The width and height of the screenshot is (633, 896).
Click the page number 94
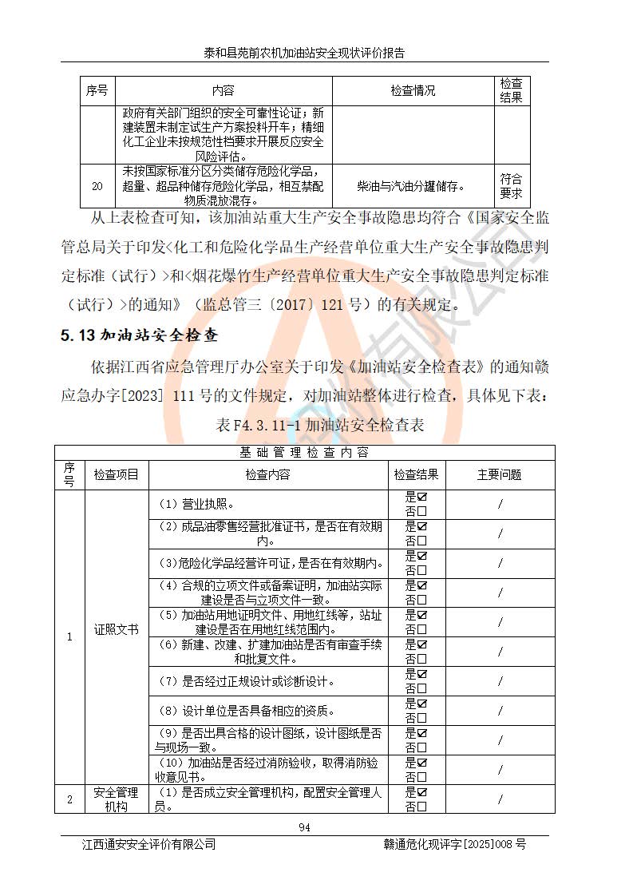click(x=304, y=827)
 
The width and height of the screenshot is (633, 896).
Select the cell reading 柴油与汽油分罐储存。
click(x=413, y=186)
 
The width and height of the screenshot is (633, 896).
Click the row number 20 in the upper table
click(x=97, y=186)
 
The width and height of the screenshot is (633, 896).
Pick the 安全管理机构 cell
click(x=116, y=799)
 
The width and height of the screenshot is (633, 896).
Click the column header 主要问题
click(x=499, y=474)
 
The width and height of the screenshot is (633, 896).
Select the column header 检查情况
click(x=413, y=91)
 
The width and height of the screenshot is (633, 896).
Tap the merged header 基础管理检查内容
click(x=304, y=452)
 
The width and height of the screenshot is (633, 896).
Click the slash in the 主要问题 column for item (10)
click(x=500, y=770)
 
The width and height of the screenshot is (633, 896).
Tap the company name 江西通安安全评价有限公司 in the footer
click(x=149, y=844)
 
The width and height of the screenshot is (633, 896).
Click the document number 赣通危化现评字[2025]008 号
click(x=455, y=844)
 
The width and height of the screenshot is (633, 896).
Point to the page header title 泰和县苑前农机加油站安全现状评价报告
click(x=304, y=54)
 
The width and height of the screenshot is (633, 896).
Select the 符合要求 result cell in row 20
click(x=511, y=186)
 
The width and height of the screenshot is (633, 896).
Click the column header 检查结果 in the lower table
click(x=416, y=474)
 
